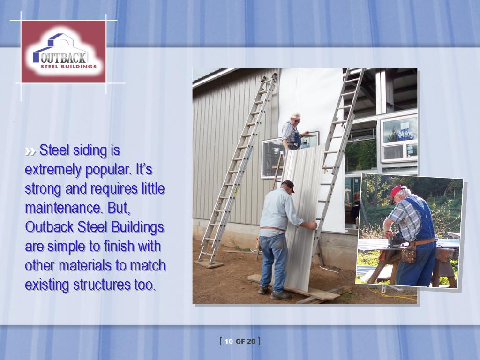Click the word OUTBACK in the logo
coord(63,58)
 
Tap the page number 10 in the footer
coord(229,341)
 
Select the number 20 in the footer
coord(251,341)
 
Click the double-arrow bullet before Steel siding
coord(30,151)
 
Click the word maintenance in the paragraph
coord(63,208)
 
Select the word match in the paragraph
coord(148,265)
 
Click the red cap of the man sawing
coord(396,191)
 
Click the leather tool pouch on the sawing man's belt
coord(409,253)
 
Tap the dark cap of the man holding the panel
coord(288,185)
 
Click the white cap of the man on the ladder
coord(296,116)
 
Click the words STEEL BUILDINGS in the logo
coord(68,67)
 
